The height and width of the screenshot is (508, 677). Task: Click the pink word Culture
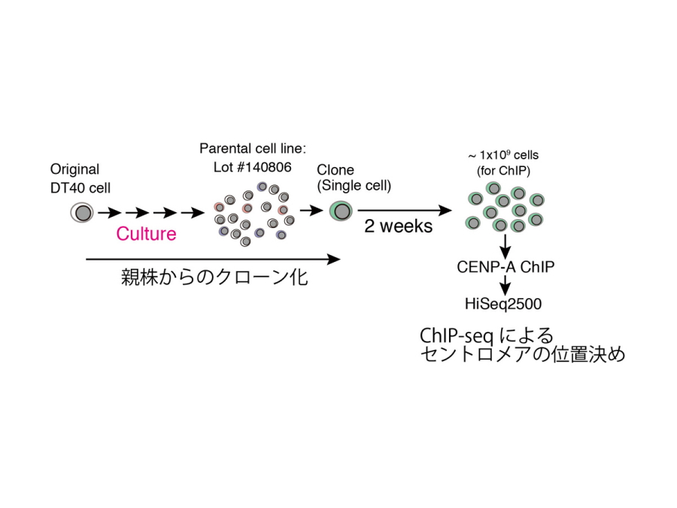(146, 233)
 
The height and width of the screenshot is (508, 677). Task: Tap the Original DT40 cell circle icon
(83, 212)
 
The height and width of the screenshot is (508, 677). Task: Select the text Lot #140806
(252, 167)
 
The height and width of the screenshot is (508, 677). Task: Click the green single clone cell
(342, 211)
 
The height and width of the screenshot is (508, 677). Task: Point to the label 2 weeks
(398, 226)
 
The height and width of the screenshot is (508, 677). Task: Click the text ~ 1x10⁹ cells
(504, 155)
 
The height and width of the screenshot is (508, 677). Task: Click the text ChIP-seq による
(486, 335)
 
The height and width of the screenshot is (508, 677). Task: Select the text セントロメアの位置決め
(523, 354)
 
